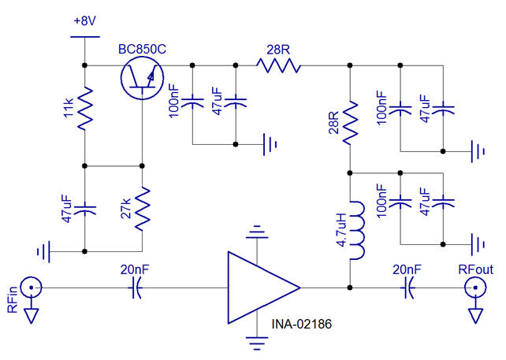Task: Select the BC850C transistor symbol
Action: point(141,77)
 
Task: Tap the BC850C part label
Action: point(142,50)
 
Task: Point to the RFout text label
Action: point(475,270)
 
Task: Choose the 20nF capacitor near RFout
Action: point(407,288)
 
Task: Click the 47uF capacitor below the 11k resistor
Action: point(84,208)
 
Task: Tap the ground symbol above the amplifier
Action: point(255,233)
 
